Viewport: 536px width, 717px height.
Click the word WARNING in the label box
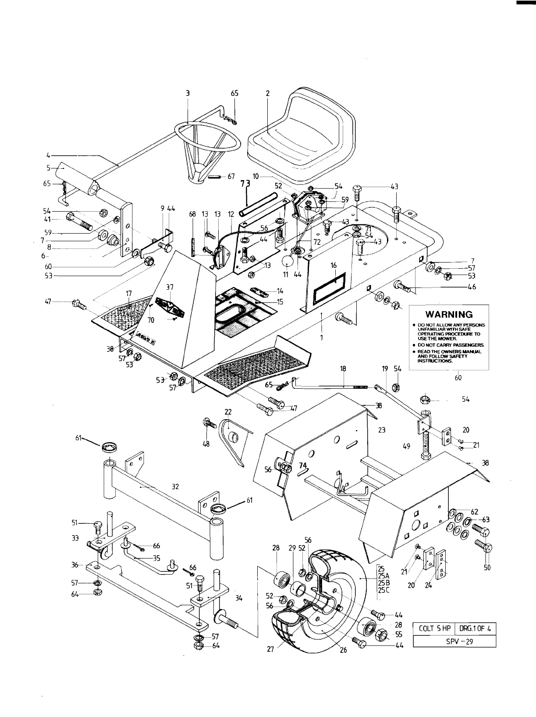[x=449, y=314]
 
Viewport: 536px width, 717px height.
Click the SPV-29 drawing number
[x=454, y=641]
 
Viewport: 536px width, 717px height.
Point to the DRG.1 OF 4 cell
[x=476, y=628]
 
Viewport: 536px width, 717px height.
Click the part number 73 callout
[x=245, y=185]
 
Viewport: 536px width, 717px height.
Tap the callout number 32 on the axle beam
[x=175, y=486]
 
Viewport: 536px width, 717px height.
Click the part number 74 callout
[x=303, y=466]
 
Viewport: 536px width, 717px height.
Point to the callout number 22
[x=228, y=412]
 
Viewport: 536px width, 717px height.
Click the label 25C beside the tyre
[x=383, y=590]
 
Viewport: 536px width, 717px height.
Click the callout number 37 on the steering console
[x=170, y=287]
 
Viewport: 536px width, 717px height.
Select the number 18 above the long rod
[x=343, y=369]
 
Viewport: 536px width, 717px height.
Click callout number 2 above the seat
[x=268, y=93]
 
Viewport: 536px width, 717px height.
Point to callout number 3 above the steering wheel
[x=188, y=93]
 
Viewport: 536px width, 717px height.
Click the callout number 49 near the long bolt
[x=406, y=447]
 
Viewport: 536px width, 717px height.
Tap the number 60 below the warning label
[x=458, y=377]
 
